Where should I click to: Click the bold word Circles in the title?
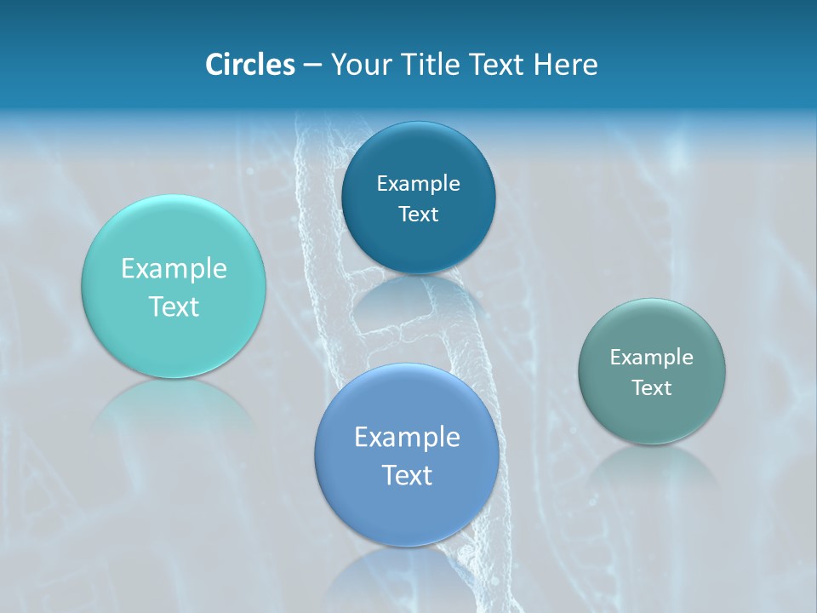249,64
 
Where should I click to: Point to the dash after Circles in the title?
312,65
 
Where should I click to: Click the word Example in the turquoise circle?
174,269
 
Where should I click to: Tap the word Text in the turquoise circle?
174,306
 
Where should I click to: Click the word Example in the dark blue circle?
418,183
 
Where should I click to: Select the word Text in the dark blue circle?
418,214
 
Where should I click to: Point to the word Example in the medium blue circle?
407,437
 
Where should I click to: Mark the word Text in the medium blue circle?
407,475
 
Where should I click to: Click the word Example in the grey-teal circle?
651,357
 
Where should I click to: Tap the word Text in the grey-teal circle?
652,387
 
